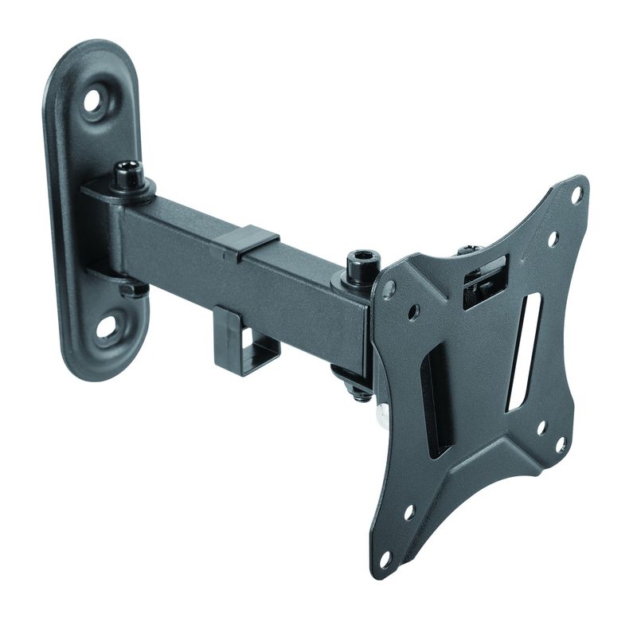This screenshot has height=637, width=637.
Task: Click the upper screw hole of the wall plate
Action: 94,102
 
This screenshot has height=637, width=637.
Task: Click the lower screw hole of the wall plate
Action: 107,326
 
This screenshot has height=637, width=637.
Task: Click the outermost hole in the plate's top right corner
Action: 577,193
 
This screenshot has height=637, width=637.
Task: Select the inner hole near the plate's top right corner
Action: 553,237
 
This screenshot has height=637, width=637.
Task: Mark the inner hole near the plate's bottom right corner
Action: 541,428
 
